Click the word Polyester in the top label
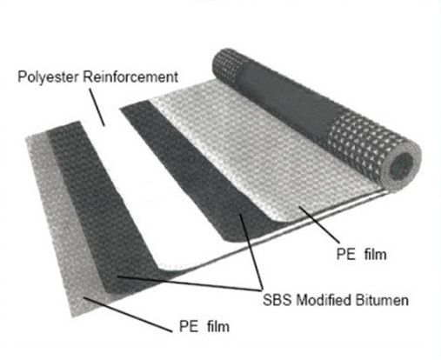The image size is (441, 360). coord(48,77)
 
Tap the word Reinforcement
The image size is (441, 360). coord(130,77)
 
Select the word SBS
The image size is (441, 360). coord(277,299)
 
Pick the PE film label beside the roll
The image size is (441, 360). coord(361,254)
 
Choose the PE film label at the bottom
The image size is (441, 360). coord(204,326)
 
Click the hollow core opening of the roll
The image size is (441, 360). coord(402,166)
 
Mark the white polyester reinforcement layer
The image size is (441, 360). coord(163,191)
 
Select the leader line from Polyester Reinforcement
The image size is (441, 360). coord(97,107)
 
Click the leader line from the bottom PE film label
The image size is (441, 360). coord(128,315)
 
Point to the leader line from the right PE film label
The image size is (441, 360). coord(319,224)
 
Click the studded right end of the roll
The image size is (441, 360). coord(363,142)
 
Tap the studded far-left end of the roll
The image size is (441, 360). coord(228,65)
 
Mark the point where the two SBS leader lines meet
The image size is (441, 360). coord(261,290)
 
